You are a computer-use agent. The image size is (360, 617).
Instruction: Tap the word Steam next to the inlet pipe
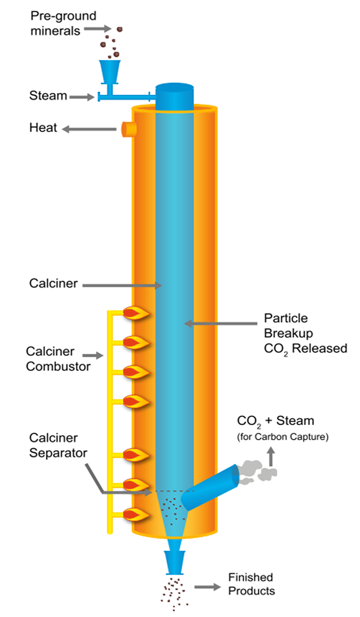pos(48,96)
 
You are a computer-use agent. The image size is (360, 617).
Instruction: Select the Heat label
pos(43,128)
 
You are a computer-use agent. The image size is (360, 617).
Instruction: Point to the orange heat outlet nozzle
pos(127,129)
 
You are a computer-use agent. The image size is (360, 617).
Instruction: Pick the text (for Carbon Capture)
pos(282,438)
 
